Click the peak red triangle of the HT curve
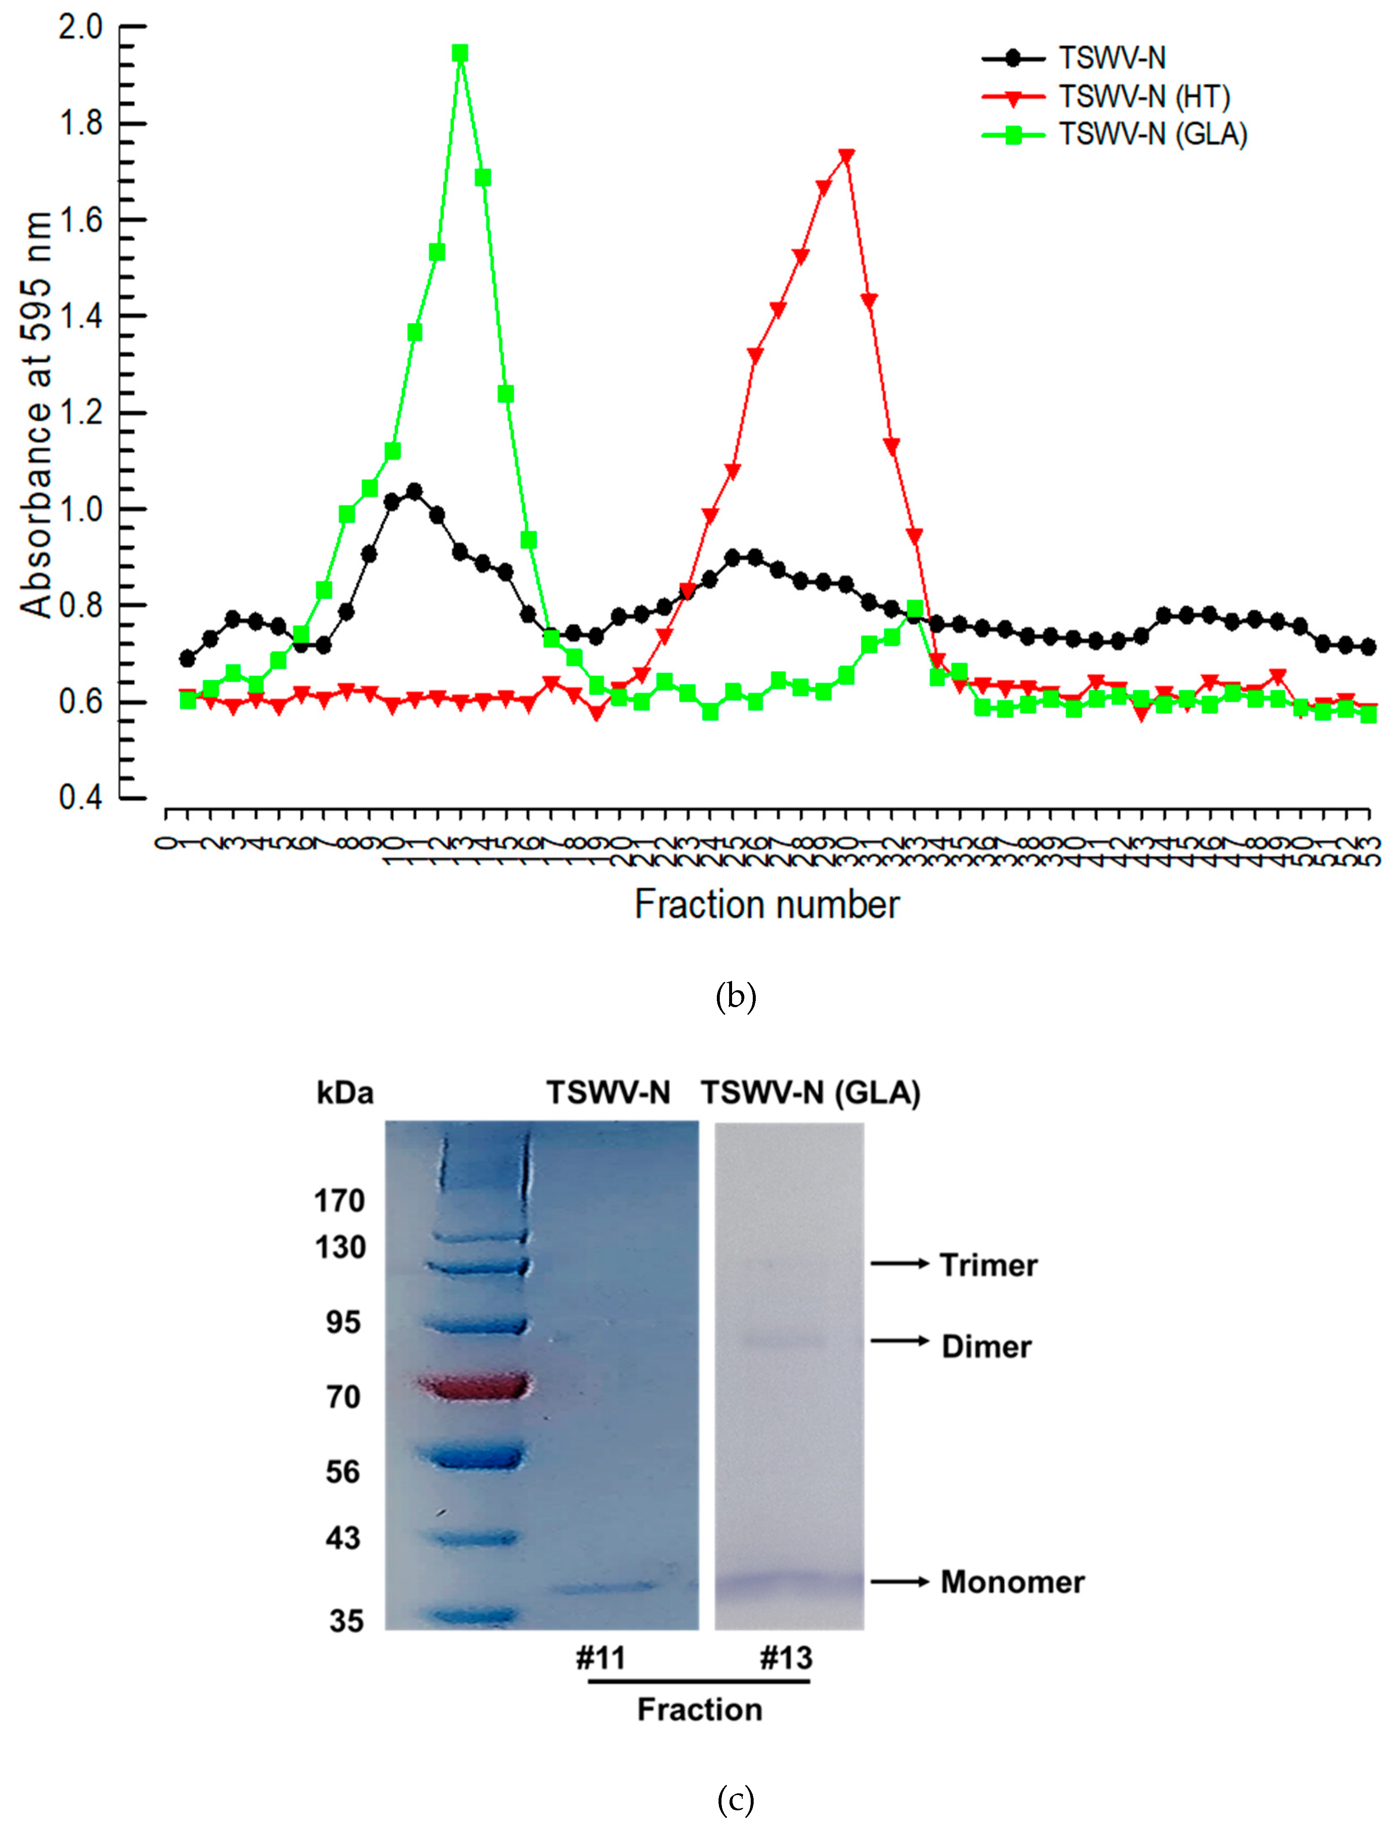coord(847,156)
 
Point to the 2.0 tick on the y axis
coord(80,28)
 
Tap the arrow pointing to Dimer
coord(900,1341)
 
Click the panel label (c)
coord(735,1800)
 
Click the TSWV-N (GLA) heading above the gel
coord(811,1092)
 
